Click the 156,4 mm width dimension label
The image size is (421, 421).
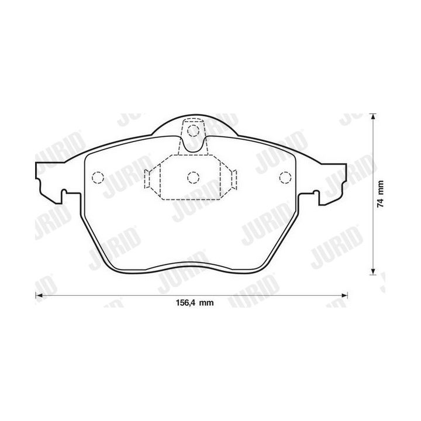pos(195,303)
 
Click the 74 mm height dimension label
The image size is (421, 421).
pos(380,194)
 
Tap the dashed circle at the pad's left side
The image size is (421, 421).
pos(98,178)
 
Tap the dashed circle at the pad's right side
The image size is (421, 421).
pos(285,178)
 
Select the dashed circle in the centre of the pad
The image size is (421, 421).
pos(194,178)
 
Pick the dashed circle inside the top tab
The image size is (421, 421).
pos(194,131)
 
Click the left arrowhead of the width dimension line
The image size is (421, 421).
pos(39,295)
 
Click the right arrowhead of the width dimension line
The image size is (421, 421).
pos(344,295)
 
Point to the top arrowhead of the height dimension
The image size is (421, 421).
pos(372,118)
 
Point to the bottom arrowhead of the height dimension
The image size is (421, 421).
pos(372,271)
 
